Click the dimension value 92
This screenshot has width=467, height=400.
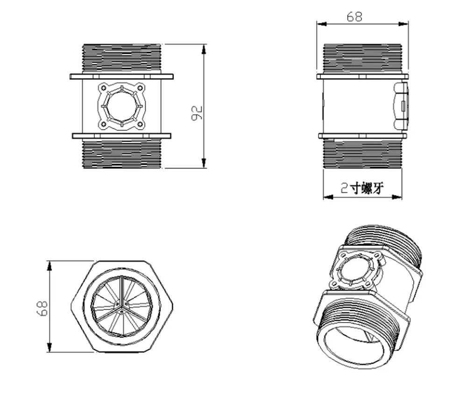click(x=197, y=113)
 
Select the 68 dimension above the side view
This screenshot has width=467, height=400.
click(x=354, y=17)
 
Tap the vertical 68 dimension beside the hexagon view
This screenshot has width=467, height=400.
click(x=42, y=308)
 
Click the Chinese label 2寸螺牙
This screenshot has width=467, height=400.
click(x=362, y=189)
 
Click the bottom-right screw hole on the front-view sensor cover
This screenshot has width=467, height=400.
click(x=140, y=124)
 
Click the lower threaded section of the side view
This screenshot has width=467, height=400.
click(x=362, y=153)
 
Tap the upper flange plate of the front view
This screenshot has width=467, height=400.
click(x=121, y=76)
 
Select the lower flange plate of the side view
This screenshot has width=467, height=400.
click(x=362, y=136)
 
